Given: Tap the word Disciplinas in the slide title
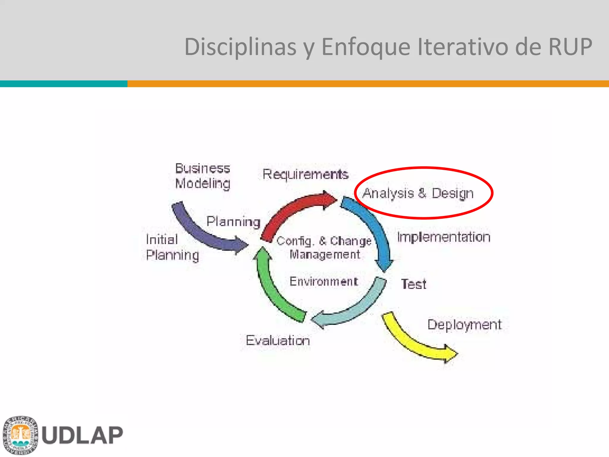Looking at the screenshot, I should [240, 47].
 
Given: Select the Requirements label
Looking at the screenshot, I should [305, 174].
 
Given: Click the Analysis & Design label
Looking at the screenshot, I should [418, 193].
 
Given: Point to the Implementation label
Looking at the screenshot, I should [444, 237].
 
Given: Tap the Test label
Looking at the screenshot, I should [414, 284].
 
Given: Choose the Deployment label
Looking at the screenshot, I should [464, 325].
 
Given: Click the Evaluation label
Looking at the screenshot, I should [278, 340].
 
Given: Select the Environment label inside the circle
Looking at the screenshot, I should [324, 281].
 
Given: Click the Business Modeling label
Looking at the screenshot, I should [203, 176].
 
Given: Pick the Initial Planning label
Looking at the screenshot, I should [172, 248].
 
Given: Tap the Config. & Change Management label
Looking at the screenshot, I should [324, 248].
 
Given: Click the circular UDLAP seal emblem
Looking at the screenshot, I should [20, 435].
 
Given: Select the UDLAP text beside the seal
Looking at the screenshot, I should [82, 435].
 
